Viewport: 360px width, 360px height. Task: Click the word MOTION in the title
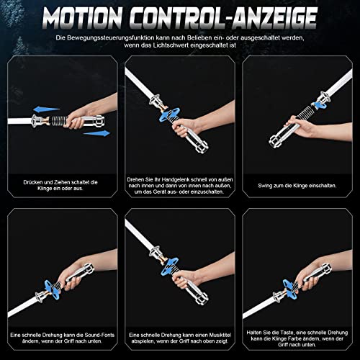click(83, 18)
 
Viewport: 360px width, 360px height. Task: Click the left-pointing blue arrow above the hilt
click(46, 109)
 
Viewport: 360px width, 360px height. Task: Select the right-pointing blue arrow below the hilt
click(97, 133)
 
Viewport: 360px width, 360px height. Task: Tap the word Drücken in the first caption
click(33, 182)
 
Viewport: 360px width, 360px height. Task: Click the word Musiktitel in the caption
click(220, 335)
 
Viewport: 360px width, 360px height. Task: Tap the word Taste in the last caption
click(287, 333)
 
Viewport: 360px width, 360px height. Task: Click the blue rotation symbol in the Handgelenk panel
click(170, 114)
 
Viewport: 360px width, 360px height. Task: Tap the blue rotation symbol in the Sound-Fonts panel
click(53, 288)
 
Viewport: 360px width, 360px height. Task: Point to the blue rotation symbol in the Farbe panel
click(290, 289)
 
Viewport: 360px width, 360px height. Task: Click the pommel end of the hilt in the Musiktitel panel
click(201, 300)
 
